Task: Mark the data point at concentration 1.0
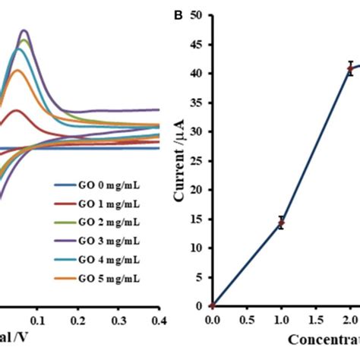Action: tap(281, 223)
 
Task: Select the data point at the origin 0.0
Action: tap(212, 305)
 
